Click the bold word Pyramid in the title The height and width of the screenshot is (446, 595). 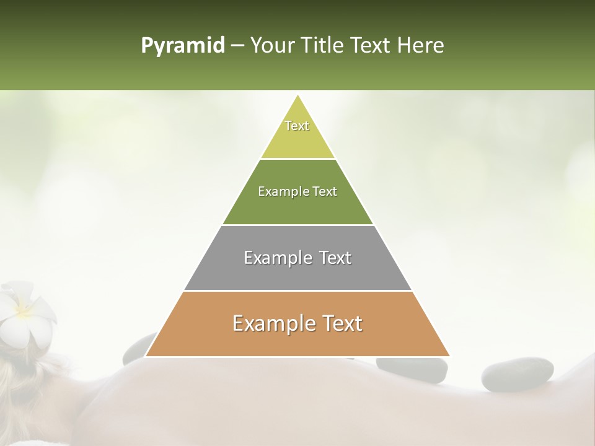(182, 45)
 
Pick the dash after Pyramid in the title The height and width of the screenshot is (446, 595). (237, 46)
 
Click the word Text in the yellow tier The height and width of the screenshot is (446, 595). (297, 126)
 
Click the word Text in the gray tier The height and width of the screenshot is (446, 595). (335, 258)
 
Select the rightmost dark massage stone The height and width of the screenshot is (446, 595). (517, 374)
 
